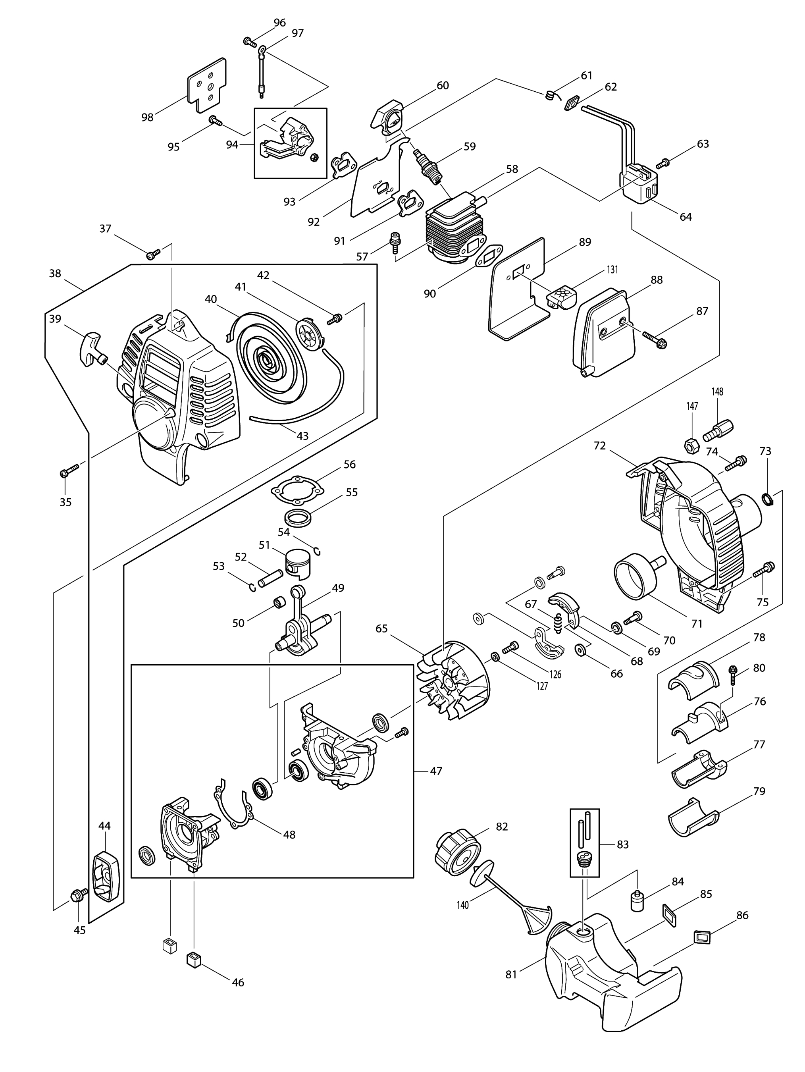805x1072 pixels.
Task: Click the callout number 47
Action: tap(436, 771)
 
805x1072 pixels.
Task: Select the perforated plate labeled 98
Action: tap(206, 85)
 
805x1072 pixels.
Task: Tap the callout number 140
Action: tap(463, 905)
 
